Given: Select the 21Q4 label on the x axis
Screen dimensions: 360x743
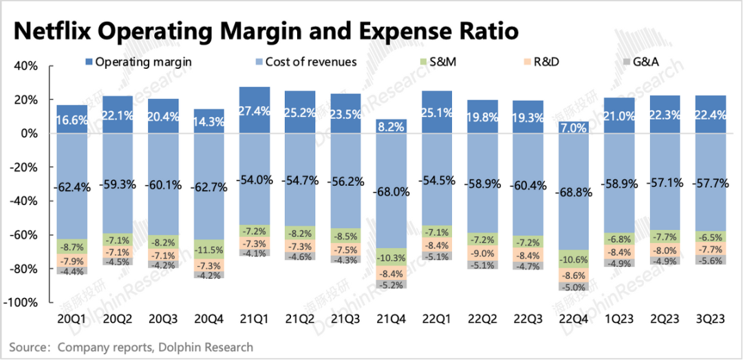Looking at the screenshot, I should [390, 320].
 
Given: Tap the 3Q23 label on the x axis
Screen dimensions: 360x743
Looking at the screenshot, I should [711, 320].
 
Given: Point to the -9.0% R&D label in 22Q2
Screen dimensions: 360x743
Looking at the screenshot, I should [482, 253].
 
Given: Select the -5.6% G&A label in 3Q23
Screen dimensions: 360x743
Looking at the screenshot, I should [711, 260].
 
